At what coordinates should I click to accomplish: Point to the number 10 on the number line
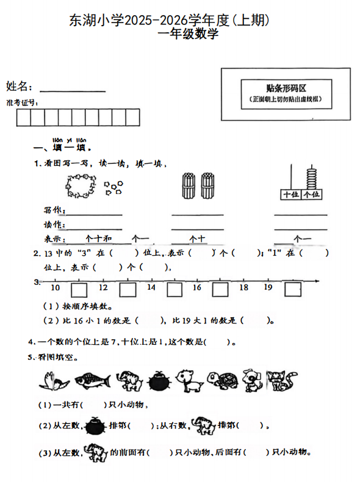(x=55, y=288)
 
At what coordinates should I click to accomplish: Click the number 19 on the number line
(x=267, y=287)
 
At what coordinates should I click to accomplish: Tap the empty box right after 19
(x=293, y=289)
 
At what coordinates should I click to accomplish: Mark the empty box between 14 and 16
(x=174, y=289)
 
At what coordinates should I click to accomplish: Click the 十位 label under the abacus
(x=289, y=195)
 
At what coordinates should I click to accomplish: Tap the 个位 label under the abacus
(x=311, y=195)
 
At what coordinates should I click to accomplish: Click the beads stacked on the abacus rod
(x=312, y=179)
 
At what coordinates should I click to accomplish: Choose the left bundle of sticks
(x=189, y=184)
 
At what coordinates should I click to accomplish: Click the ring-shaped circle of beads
(x=80, y=184)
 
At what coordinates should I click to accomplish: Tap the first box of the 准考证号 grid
(x=24, y=117)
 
